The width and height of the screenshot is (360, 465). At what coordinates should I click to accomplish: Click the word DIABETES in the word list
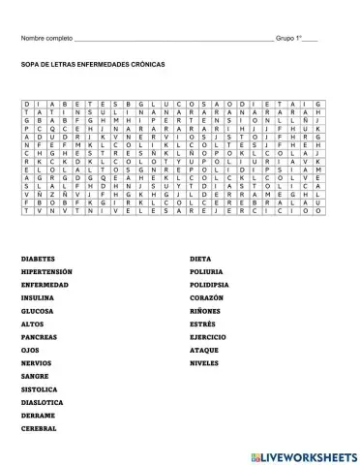click(x=37, y=260)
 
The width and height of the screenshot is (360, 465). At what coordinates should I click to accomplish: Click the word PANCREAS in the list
click(x=38, y=336)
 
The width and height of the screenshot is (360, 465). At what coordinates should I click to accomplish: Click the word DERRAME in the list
click(x=37, y=414)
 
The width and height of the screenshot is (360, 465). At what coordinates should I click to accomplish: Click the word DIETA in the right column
click(x=200, y=260)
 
